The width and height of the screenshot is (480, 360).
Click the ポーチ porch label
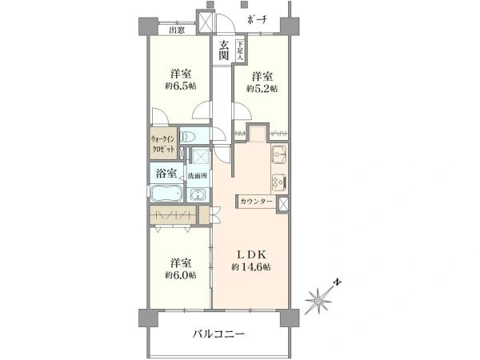pyautogui.click(x=257, y=19)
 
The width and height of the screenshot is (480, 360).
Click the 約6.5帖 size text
pyautogui.click(x=181, y=86)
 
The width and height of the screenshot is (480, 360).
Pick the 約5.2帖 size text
pyautogui.click(x=262, y=90)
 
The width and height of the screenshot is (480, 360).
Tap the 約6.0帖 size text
pyautogui.click(x=179, y=274)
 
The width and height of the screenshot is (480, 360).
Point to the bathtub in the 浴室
pyautogui.click(x=166, y=195)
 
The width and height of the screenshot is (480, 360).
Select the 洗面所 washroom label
pyautogui.click(x=197, y=175)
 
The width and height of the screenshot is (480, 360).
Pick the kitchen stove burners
pyautogui.click(x=279, y=181)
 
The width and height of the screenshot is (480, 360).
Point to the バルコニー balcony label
pyautogui.click(x=218, y=334)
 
